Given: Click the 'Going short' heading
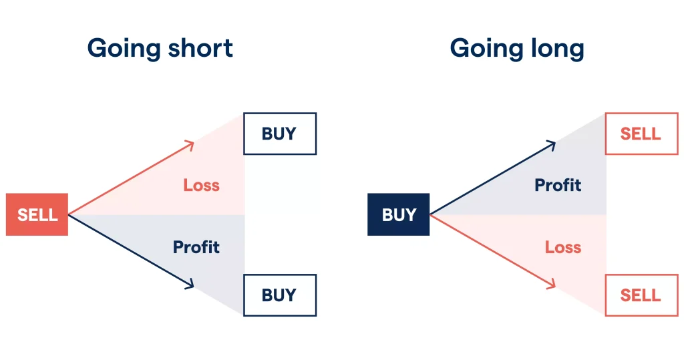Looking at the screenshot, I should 160,48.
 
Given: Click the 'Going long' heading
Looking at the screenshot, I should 517,48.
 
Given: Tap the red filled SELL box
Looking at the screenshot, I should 37,214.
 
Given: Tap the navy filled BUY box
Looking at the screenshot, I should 399,214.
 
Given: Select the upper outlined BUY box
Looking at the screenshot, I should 279,134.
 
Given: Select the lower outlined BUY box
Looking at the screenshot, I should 279,295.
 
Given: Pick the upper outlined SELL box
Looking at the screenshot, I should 641,134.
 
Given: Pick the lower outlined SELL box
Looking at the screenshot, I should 641,295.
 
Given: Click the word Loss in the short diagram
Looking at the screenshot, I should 201,185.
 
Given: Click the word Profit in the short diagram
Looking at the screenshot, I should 196,247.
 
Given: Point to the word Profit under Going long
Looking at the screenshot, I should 558,185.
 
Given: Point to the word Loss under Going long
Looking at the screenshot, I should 563,247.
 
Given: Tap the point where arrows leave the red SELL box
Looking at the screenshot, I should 69,214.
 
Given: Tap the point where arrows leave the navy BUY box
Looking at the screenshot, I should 431,214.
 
